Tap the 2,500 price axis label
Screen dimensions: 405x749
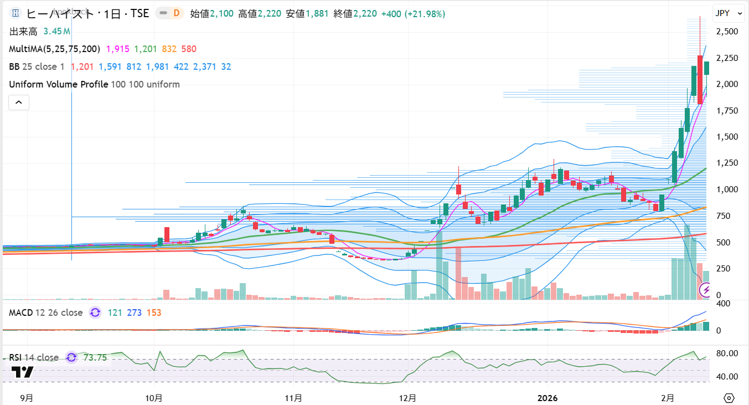(x=726, y=32)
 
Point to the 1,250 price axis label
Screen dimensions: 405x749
(x=726, y=163)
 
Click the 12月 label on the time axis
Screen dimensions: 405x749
(x=407, y=398)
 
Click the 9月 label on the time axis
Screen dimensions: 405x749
(x=26, y=398)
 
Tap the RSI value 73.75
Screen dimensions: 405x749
(x=95, y=357)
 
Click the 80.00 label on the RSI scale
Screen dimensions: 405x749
(x=726, y=353)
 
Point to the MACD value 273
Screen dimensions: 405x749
(x=134, y=312)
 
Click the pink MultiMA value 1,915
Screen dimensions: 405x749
(x=117, y=49)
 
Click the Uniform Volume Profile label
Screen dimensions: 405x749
(x=58, y=84)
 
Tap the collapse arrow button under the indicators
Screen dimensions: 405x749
(x=19, y=102)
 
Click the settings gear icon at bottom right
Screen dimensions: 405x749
(x=729, y=398)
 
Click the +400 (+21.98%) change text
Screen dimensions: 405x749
(x=413, y=14)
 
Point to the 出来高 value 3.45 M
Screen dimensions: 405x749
(x=56, y=32)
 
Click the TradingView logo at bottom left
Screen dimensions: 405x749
(x=22, y=372)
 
